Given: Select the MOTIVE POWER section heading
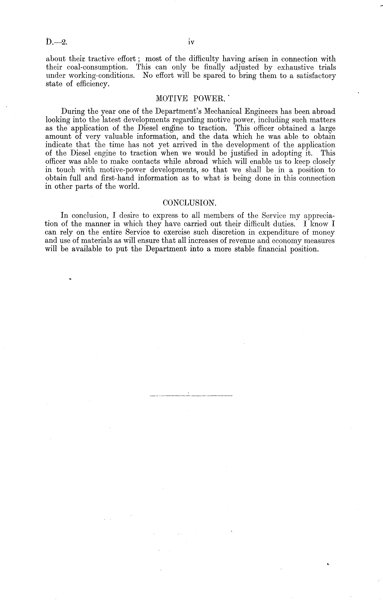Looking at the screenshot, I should click(x=190, y=98).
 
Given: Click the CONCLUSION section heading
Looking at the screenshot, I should click(x=189, y=203).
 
